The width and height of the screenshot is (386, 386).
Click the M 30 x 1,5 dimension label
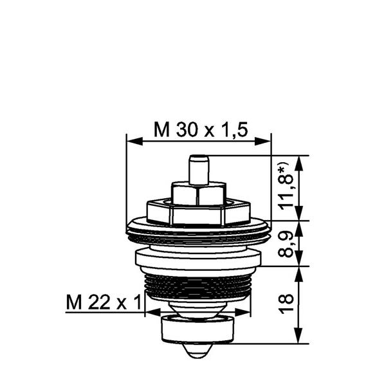pos(201,130)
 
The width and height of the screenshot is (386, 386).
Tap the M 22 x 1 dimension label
pos(104,302)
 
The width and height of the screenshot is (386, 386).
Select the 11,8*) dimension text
pos(288,188)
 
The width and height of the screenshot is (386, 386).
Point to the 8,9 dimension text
pos(286,244)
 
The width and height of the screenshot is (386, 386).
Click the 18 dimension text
pos(286,304)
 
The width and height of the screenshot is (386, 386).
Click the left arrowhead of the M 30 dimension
pos(134,142)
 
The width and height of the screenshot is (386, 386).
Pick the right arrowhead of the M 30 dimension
pos(262,142)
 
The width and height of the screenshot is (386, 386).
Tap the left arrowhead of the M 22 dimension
pos(153,313)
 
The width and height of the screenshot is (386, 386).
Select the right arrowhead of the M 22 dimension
pos(243,313)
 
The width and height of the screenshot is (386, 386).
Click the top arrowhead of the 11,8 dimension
pos(299,163)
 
